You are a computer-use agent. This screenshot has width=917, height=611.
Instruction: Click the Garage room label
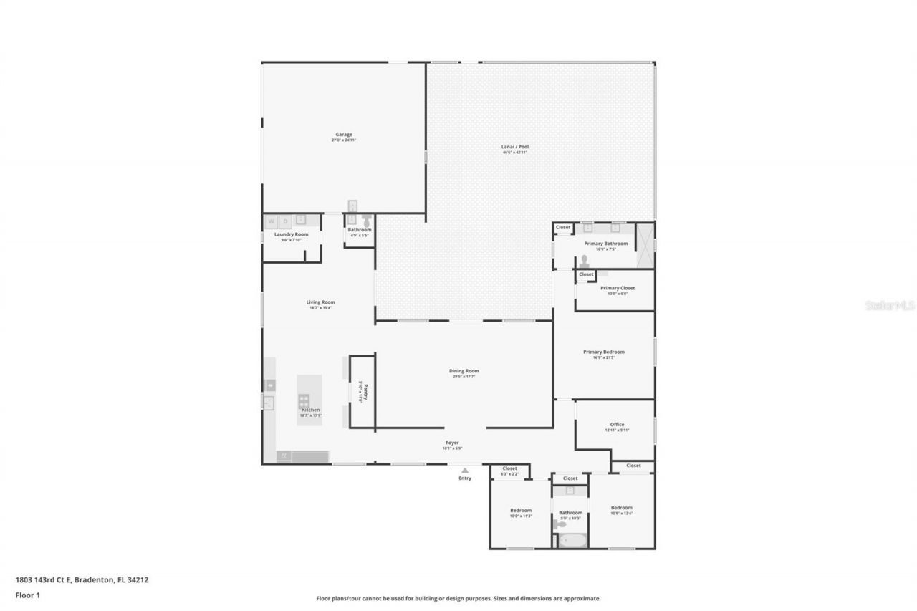pos(343,135)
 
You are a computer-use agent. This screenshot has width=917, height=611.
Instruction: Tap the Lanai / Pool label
pos(514,147)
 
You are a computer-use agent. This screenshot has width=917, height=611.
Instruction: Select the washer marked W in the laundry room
pos(271,222)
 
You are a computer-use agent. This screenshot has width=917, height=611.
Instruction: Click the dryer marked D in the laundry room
pos(284,222)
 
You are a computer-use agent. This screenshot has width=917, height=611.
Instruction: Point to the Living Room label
pos(320,302)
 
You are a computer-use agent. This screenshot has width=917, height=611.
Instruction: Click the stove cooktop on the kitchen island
pos(304,401)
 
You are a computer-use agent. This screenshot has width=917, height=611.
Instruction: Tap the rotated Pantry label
pos(365,393)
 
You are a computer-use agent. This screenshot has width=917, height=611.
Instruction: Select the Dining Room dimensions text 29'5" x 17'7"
pos(464,377)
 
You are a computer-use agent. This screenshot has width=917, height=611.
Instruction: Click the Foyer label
pos(452,443)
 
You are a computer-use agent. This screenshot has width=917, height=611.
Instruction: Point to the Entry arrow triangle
pos(466,470)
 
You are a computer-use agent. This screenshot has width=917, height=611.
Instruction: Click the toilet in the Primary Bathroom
pos(584,261)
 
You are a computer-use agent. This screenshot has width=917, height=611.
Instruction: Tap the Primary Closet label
pos(617,288)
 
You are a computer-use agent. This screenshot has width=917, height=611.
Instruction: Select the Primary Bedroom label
pos(603,352)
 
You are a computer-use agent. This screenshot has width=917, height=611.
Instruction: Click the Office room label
pos(617,425)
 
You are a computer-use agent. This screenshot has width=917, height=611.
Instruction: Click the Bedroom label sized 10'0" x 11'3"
pos(520,511)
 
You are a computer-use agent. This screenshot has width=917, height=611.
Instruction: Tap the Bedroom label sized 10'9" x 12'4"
pos(621,508)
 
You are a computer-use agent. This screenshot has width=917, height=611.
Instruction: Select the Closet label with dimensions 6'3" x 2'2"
pos(509,468)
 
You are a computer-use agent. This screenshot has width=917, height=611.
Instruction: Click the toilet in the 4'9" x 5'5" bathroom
pos(367,221)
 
